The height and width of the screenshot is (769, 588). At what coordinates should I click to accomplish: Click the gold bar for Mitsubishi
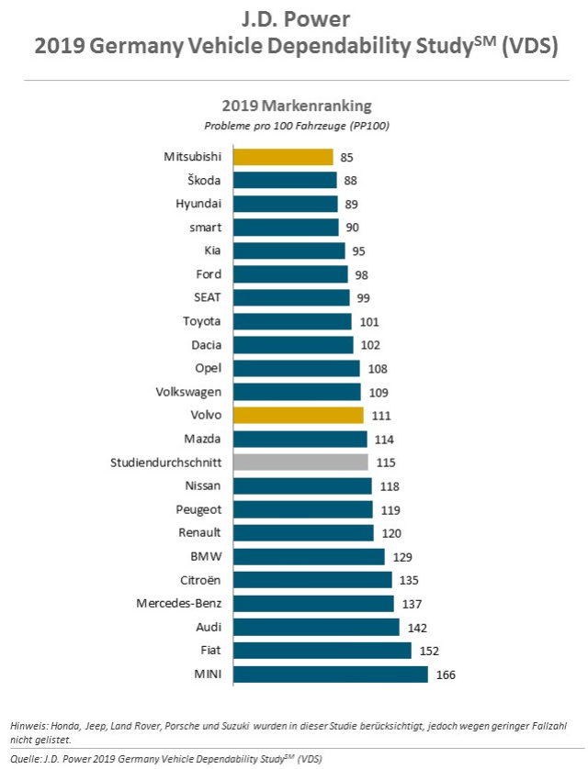[x=283, y=156]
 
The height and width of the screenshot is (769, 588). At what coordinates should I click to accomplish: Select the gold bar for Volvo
[x=299, y=415]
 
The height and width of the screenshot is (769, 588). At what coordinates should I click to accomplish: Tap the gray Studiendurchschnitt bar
[x=300, y=462]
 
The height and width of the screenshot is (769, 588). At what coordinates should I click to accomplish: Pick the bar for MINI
[x=331, y=674]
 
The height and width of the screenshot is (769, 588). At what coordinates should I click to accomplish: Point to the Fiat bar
[x=322, y=651]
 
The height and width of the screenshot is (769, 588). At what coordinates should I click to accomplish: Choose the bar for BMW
[x=309, y=556]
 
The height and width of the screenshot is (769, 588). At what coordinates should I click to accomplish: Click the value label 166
[x=446, y=675]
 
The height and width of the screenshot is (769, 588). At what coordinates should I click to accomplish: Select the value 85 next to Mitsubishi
[x=347, y=157]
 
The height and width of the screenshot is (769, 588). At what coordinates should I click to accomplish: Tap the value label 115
[x=386, y=463]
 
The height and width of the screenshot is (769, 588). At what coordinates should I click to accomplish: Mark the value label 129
[x=401, y=557]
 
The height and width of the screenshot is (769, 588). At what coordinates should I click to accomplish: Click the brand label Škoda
[x=203, y=180]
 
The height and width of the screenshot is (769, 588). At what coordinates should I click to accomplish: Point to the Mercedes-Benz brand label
[x=178, y=603]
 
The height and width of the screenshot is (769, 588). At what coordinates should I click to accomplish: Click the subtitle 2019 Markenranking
[x=294, y=106]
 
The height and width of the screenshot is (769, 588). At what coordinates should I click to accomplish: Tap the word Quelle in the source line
[x=28, y=759]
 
